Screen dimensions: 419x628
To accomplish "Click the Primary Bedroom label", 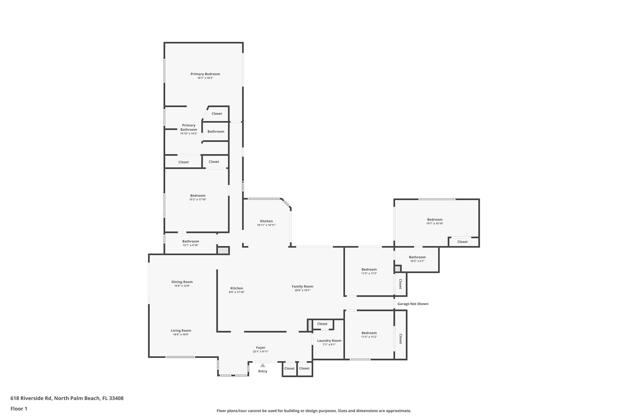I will click(205, 74).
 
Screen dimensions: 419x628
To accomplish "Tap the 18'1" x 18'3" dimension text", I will click(205, 78).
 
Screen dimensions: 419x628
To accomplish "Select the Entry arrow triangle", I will click(262, 365).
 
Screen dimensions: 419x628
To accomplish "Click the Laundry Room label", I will click(329, 340).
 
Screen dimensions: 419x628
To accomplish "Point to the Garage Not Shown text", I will click(413, 304).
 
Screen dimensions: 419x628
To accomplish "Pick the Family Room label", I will click(302, 286).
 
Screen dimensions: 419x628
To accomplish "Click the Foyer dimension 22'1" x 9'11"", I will click(261, 352).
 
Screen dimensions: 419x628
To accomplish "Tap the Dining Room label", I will click(182, 282).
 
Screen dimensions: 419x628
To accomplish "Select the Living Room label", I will click(181, 331).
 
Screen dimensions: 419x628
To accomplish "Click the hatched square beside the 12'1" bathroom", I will click(223, 250).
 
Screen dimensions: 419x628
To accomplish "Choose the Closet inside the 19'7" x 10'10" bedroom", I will click(462, 242).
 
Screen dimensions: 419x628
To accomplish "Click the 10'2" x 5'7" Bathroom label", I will click(417, 257).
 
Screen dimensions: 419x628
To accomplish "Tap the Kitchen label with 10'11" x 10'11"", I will click(266, 221).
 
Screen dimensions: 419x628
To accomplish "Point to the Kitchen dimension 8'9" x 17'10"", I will click(236, 292).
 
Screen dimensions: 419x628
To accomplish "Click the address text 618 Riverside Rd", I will click(67, 398).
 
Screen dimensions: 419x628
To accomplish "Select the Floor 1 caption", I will click(19, 409).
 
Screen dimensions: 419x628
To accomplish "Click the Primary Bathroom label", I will click(189, 127).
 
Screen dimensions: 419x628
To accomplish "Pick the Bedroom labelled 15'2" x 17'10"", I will click(197, 196).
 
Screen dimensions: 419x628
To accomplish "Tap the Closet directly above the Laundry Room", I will click(322, 324).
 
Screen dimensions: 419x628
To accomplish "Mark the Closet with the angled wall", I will click(216, 114).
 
